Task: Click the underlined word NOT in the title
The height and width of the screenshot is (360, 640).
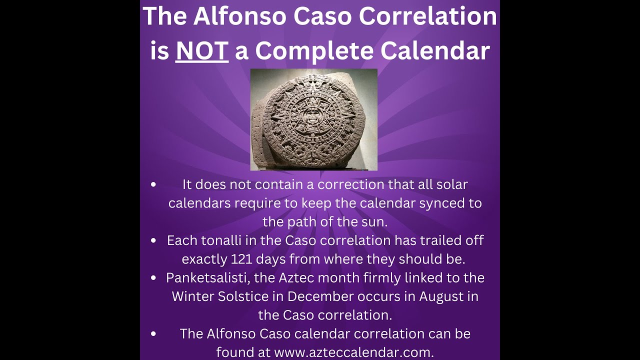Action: click(202, 51)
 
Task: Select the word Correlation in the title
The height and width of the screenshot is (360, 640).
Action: click(428, 17)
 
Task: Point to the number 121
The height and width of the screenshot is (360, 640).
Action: click(244, 259)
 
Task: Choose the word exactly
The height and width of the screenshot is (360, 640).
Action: click(204, 259)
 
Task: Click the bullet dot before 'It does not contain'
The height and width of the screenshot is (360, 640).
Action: click(153, 184)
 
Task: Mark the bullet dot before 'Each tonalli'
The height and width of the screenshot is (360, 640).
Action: click(153, 240)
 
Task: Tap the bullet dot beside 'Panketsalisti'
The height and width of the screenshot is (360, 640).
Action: click(153, 277)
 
